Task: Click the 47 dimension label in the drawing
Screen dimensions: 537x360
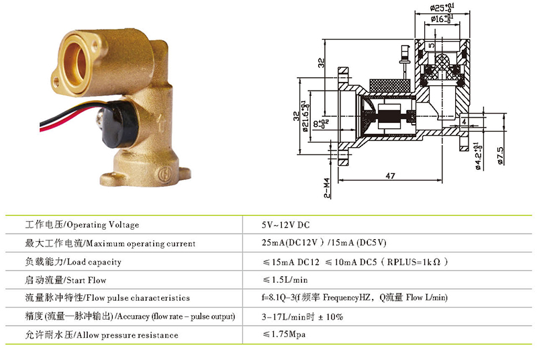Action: pyautogui.click(x=390, y=176)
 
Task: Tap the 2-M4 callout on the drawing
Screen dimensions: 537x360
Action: pyautogui.click(x=327, y=188)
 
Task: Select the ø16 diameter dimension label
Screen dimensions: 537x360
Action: pyautogui.click(x=442, y=19)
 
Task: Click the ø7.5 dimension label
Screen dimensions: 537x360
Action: pyautogui.click(x=500, y=156)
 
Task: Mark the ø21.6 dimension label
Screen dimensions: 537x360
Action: pyautogui.click(x=305, y=116)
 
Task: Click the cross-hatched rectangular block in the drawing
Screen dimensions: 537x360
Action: pyautogui.click(x=390, y=86)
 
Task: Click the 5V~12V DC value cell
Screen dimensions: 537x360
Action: pyautogui.click(x=286, y=225)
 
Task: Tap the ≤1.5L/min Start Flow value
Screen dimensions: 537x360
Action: pyautogui.click(x=285, y=280)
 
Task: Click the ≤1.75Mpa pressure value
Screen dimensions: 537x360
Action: pyautogui.click(x=284, y=334)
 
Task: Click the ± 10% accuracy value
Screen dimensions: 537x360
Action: pyautogui.click(x=330, y=317)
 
